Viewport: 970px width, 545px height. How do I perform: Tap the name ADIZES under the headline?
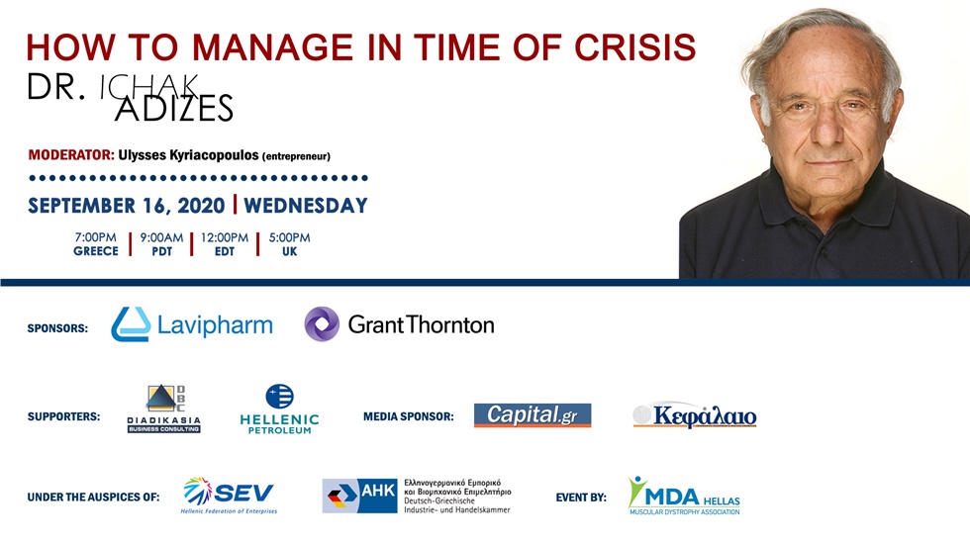coord(174,109)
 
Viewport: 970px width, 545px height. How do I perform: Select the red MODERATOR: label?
coord(71,155)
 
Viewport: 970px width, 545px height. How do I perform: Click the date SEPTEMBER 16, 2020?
coord(126,206)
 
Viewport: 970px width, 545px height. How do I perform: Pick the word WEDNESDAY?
coord(305,206)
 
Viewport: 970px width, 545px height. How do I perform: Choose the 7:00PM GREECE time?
coord(95,244)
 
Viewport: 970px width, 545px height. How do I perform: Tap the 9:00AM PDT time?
coord(161,244)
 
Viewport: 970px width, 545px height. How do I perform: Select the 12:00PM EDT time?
coord(225,244)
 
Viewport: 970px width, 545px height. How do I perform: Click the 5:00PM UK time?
coord(289,244)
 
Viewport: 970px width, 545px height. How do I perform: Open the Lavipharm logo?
coord(192,324)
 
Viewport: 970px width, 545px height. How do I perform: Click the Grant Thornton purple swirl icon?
coord(322,324)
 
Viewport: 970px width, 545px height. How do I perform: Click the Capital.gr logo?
coord(532,415)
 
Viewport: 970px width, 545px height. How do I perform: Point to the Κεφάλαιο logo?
coord(695,415)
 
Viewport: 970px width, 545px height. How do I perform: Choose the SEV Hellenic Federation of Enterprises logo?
coord(231,495)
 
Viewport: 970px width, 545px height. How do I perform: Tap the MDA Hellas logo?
coord(683,495)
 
